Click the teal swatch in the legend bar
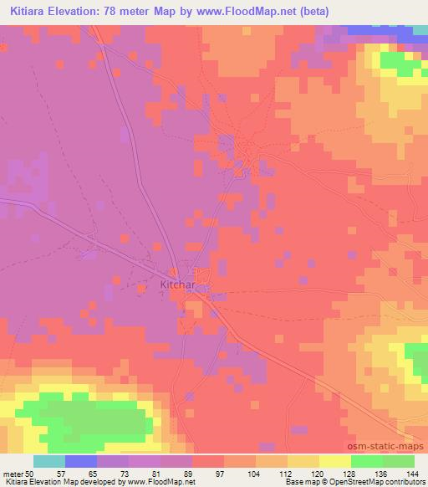(x=49, y=461)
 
